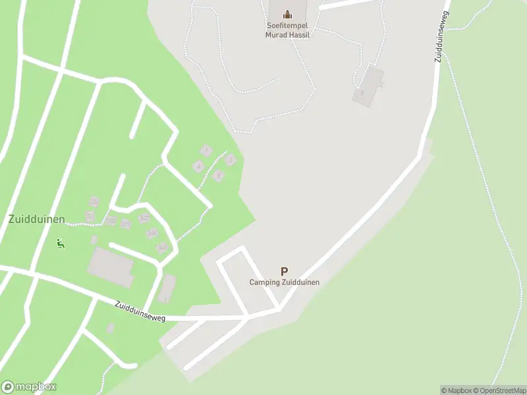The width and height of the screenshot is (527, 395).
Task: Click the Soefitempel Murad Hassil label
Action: point(287,30)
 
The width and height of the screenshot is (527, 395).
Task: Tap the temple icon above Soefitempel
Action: point(287,14)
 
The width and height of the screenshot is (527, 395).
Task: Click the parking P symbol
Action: point(284,271)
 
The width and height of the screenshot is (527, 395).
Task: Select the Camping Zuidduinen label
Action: point(284,282)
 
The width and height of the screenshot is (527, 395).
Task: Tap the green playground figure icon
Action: point(60,244)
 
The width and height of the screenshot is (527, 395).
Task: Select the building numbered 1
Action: point(206,151)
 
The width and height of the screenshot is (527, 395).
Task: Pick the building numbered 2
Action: point(230,159)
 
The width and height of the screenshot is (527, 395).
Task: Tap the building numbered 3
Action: point(219,175)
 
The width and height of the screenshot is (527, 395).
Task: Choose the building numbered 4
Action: point(198,166)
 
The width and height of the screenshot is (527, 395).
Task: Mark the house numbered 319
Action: point(126,224)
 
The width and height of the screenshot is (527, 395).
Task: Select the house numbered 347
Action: point(144,219)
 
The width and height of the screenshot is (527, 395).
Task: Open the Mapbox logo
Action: point(29,387)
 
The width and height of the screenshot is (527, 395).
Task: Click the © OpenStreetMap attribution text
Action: point(500,390)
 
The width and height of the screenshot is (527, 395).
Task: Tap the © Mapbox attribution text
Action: point(456,390)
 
